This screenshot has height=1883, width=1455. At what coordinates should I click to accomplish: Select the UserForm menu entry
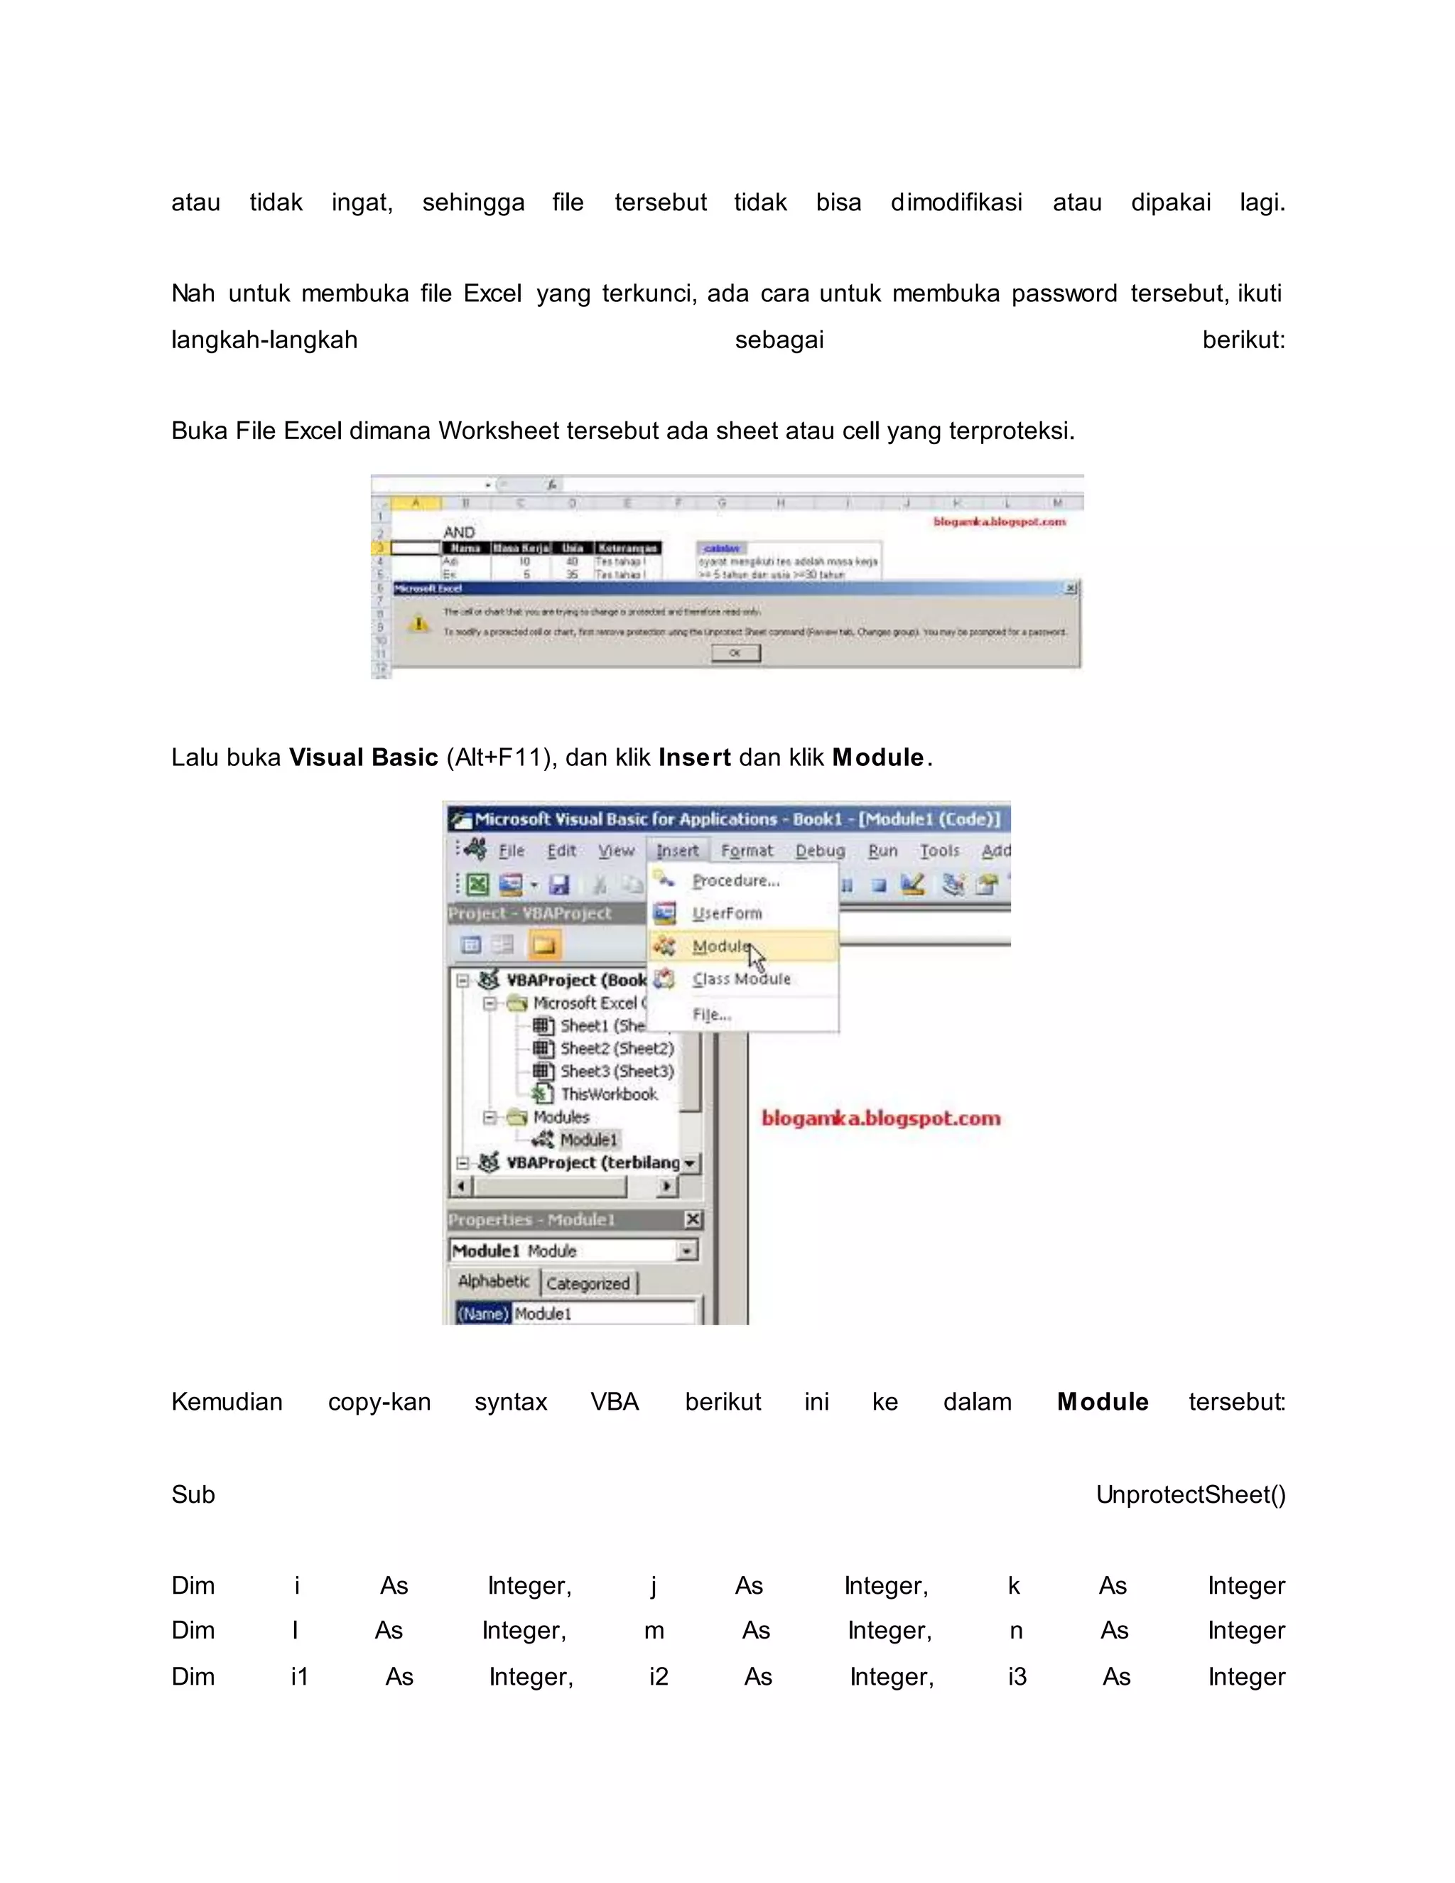[727, 913]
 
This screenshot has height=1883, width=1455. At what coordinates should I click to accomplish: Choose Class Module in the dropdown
[740, 979]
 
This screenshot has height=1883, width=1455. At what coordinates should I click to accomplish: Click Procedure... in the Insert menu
[735, 880]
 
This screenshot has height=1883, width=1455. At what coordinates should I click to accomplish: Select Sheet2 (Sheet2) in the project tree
[616, 1048]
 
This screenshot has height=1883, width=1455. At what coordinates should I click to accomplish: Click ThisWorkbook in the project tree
[609, 1094]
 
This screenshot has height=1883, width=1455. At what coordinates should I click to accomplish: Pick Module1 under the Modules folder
[589, 1140]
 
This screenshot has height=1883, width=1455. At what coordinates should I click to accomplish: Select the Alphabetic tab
[493, 1282]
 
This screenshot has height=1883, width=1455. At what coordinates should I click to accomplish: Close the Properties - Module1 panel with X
[693, 1219]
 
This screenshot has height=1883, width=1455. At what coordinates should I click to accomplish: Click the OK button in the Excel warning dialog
[735, 654]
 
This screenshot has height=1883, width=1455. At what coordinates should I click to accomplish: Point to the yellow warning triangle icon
[419, 623]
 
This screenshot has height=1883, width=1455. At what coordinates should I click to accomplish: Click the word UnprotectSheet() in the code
[1191, 1495]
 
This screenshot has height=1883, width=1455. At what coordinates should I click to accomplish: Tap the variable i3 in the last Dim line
[1017, 1677]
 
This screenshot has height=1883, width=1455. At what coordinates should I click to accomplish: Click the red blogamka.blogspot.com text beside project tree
[881, 1118]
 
